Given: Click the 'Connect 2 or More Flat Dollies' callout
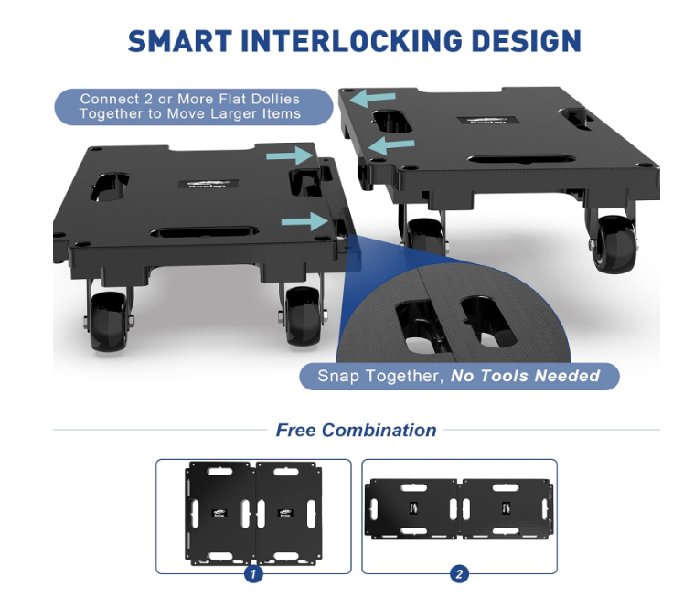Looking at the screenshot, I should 189,106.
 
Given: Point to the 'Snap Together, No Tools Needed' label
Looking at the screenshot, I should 458,376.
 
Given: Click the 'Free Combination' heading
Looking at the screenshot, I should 356,430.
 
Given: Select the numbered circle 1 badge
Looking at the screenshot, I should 253,574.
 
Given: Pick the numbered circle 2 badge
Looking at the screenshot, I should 459,574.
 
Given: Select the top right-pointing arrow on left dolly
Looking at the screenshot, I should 294,157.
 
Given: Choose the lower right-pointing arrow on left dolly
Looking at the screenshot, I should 304,220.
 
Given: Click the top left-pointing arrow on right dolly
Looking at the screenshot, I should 375,97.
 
